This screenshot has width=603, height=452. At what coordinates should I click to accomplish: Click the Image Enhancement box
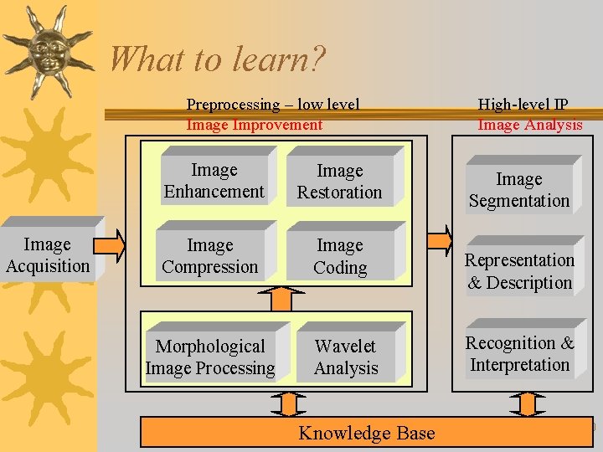click(214, 181)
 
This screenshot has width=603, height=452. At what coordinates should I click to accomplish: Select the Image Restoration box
click(339, 182)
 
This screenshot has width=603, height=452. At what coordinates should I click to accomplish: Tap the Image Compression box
click(210, 256)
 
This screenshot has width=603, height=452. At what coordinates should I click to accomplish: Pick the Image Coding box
click(340, 256)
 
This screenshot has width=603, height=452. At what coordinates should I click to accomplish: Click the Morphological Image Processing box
click(210, 357)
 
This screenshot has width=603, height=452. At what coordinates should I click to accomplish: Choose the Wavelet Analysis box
click(346, 357)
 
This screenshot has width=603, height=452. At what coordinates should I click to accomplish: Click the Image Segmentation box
click(519, 190)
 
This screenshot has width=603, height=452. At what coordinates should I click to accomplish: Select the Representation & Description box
click(519, 271)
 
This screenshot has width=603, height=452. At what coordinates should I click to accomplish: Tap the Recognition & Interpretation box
click(520, 354)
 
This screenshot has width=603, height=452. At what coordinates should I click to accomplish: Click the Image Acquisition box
click(48, 255)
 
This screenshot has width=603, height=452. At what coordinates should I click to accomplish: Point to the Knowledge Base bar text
click(367, 433)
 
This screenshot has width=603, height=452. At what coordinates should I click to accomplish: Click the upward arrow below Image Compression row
click(286, 298)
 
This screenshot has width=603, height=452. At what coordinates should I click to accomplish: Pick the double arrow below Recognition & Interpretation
click(524, 404)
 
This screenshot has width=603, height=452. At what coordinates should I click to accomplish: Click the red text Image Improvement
click(254, 125)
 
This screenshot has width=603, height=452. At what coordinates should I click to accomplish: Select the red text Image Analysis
click(529, 125)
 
